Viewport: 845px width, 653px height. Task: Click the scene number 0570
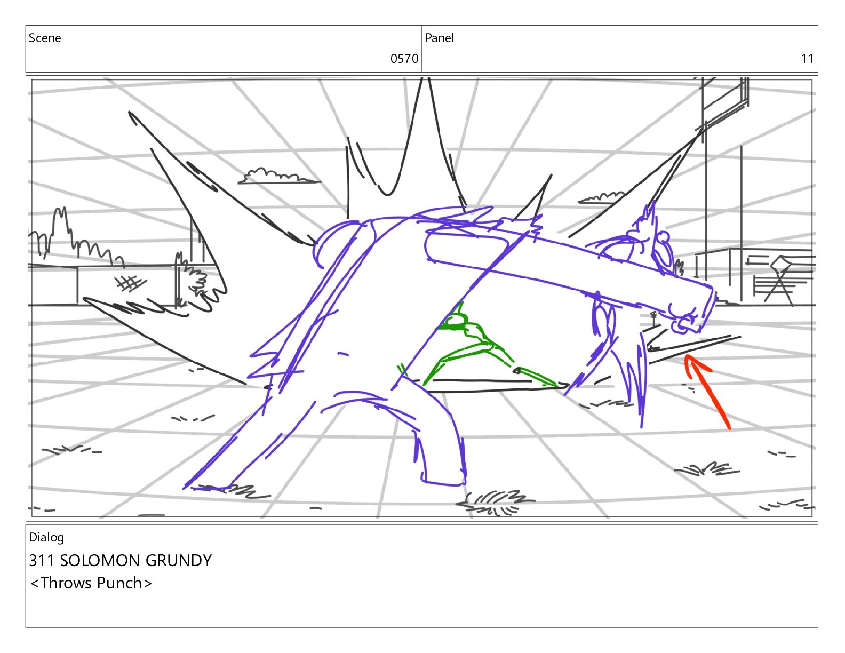pyautogui.click(x=404, y=59)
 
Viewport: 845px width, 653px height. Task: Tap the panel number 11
pyautogui.click(x=807, y=59)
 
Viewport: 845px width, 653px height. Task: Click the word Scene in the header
pyautogui.click(x=45, y=38)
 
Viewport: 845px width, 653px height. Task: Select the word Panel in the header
pyautogui.click(x=440, y=38)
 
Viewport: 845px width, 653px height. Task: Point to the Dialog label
pyautogui.click(x=46, y=538)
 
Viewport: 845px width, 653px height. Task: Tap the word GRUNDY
pyautogui.click(x=179, y=561)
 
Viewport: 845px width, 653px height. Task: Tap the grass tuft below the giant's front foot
pyautogui.click(x=495, y=503)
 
